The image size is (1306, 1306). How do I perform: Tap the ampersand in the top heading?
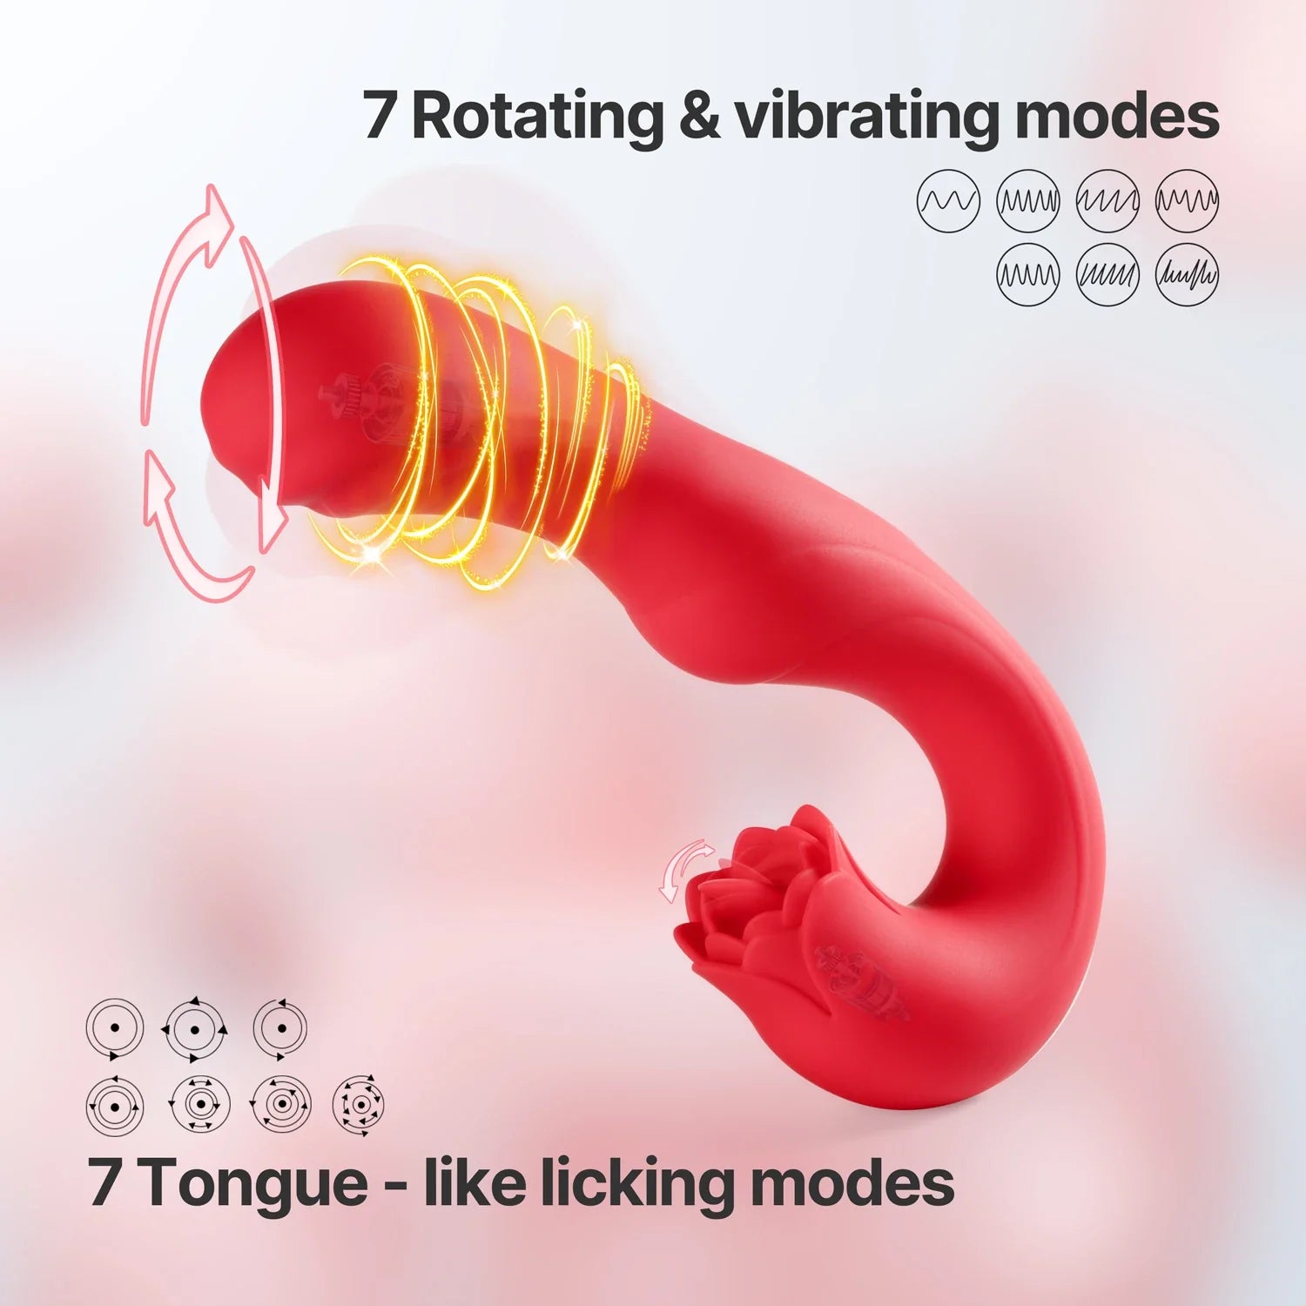pyautogui.click(x=698, y=117)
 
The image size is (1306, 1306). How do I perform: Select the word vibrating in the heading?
pyautogui.click(x=867, y=117)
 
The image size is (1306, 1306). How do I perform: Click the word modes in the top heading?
pyautogui.click(x=1117, y=117)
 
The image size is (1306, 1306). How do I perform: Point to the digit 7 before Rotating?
pyautogui.click(x=380, y=117)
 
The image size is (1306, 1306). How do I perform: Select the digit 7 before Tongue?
pyautogui.click(x=104, y=1182)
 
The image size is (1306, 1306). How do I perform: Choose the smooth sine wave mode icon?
pyautogui.click(x=948, y=201)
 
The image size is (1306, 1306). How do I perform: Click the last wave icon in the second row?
pyautogui.click(x=1187, y=275)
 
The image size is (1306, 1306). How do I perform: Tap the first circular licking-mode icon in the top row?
pyautogui.click(x=115, y=1028)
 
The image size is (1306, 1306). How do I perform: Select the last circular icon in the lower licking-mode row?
pyautogui.click(x=358, y=1104)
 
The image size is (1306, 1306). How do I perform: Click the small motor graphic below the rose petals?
pyautogui.click(x=862, y=979)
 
